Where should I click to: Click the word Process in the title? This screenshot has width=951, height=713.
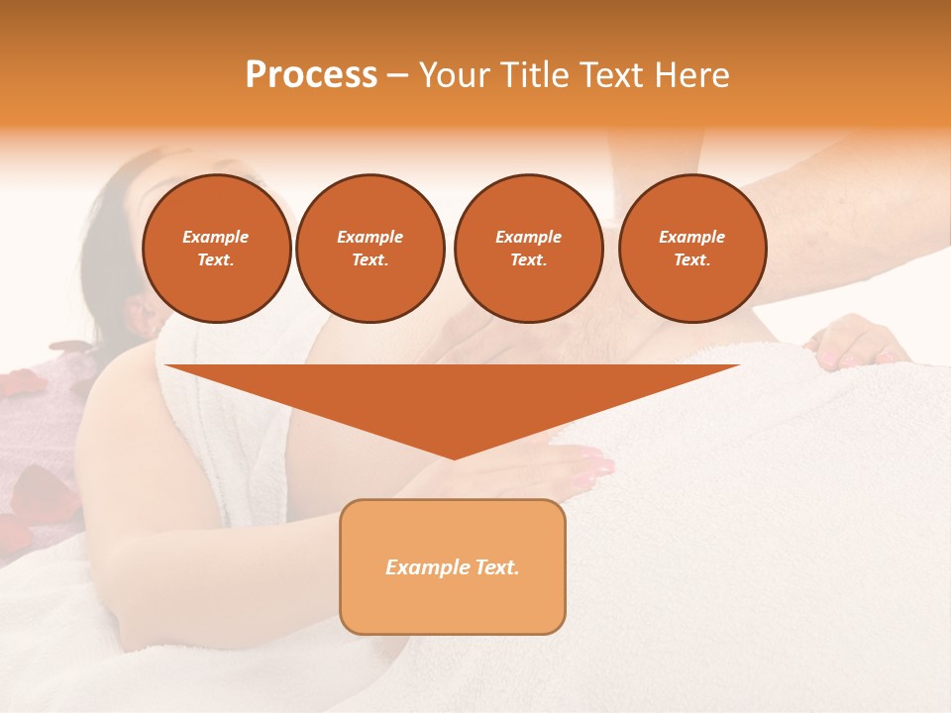click(311, 75)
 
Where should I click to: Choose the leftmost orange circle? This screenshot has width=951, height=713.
click(217, 249)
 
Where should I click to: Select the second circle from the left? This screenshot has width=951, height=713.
click(370, 249)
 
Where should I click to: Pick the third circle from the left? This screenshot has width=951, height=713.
click(528, 249)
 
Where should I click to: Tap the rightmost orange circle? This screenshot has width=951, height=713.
click(692, 249)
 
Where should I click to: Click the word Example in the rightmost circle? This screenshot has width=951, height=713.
click(692, 237)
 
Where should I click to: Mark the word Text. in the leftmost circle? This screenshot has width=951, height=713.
click(216, 260)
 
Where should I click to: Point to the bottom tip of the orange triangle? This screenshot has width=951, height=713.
click(454, 457)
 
